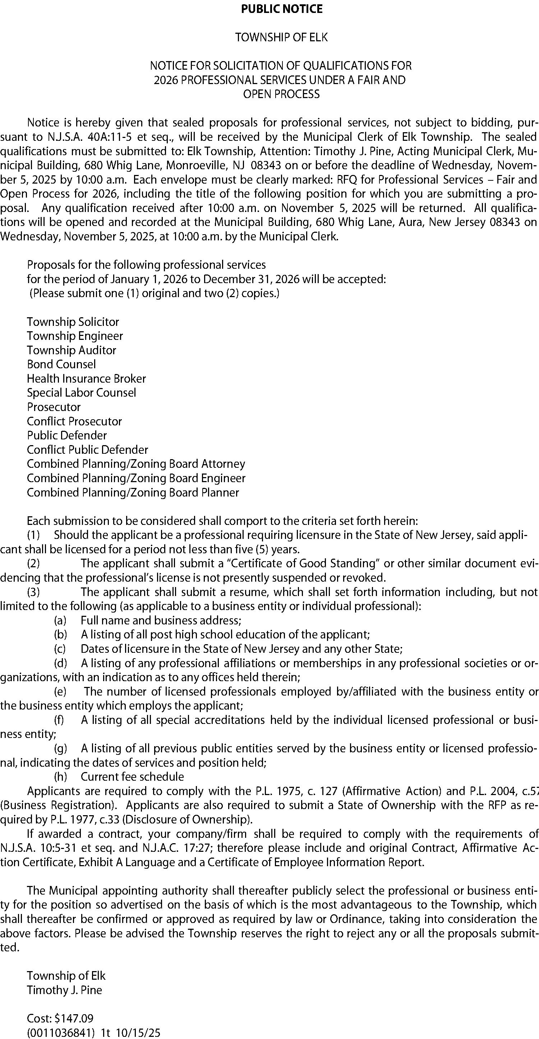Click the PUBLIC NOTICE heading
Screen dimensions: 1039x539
pos(282,9)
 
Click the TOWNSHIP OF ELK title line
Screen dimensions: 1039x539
pos(282,37)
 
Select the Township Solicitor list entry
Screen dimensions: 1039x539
pos(73,322)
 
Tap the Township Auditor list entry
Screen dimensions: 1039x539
pos(72,350)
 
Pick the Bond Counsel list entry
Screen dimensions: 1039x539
pos(61,364)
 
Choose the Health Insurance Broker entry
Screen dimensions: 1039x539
pos(86,378)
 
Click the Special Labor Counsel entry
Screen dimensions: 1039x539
pos(82,392)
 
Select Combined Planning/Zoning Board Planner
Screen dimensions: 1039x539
pos(133,493)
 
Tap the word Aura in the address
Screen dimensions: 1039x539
pos(410,222)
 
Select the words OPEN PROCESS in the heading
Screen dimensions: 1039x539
pos(281,94)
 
